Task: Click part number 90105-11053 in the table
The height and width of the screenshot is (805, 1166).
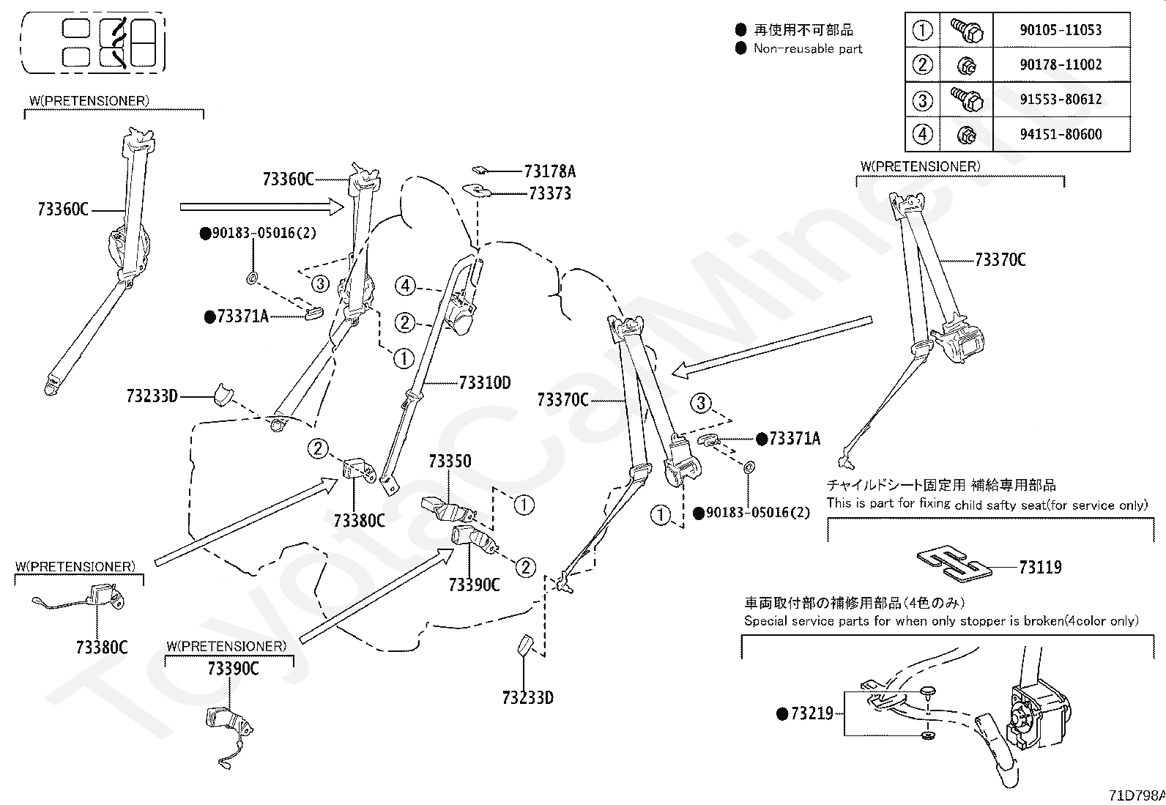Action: [x=1061, y=30]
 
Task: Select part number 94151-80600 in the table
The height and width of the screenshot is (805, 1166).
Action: [x=1061, y=134]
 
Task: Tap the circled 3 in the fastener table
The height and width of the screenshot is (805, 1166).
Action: [x=922, y=100]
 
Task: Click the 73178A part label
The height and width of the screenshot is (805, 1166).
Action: [x=550, y=171]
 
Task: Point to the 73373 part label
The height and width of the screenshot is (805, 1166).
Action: [x=550, y=193]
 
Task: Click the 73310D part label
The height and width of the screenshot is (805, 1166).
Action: [x=485, y=383]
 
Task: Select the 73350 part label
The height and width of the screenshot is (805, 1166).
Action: [x=450, y=461]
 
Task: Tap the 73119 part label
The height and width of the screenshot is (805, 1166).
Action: [x=1040, y=567]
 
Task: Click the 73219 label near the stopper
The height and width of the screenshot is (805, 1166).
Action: [x=812, y=713]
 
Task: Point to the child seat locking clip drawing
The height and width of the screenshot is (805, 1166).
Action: [x=954, y=564]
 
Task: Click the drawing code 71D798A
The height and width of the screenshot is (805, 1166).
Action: [x=1137, y=795]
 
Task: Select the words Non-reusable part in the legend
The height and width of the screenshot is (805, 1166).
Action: [x=807, y=49]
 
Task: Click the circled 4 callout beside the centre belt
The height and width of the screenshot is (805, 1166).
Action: [x=406, y=286]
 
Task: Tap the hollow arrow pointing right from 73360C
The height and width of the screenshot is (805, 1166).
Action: [x=261, y=207]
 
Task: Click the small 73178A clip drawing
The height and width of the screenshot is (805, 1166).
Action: [x=479, y=170]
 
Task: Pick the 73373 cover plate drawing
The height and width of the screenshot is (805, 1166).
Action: [x=476, y=190]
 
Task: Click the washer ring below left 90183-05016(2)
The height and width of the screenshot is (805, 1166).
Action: [x=252, y=278]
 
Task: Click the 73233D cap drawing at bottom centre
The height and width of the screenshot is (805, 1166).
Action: [x=524, y=645]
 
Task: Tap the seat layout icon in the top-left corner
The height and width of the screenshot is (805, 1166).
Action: [x=94, y=42]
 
